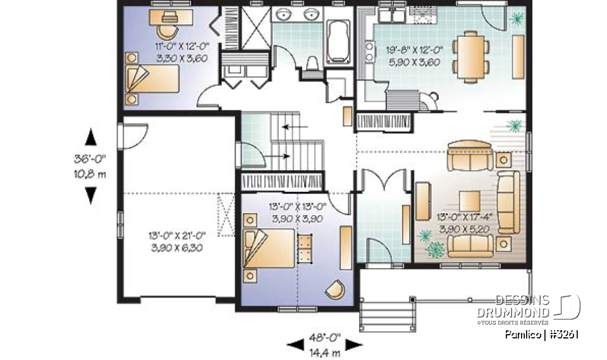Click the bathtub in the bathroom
point(338,40)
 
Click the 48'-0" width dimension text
point(325,337)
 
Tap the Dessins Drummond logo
point(538,307)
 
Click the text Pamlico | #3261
point(542,335)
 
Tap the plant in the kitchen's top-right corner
point(517,18)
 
